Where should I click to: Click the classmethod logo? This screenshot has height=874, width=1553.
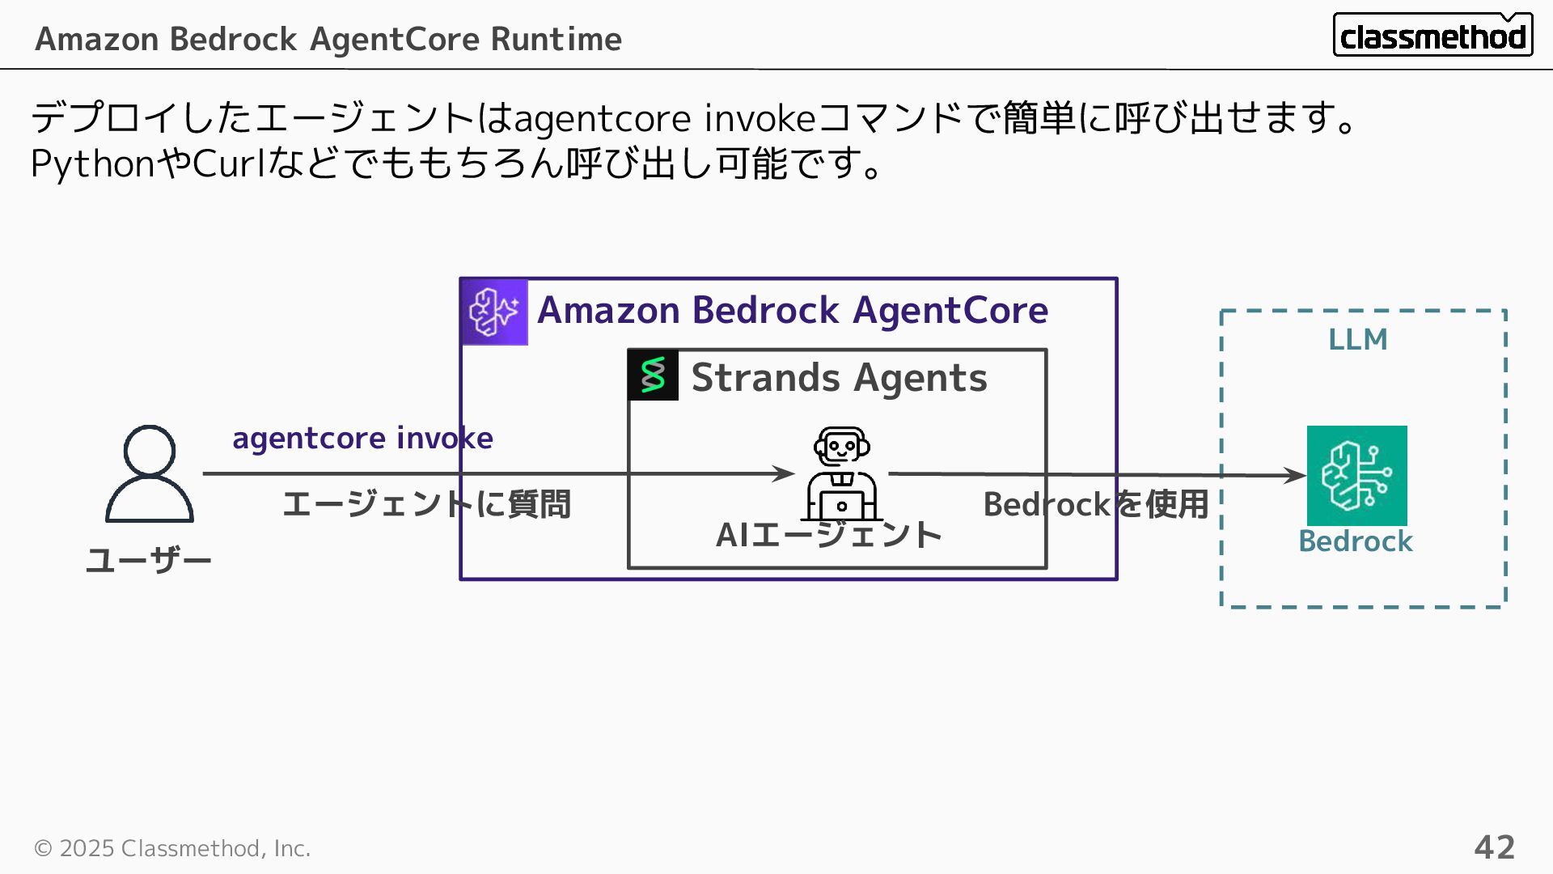coord(1432,35)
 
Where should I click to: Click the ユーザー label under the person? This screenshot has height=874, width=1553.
coord(149,560)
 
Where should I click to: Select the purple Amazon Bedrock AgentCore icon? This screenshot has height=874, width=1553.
coord(494,312)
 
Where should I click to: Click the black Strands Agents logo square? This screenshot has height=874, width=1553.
coord(653,375)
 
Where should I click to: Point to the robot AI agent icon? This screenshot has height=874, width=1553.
coord(841,474)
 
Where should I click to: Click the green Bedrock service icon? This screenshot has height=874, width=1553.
coord(1356,476)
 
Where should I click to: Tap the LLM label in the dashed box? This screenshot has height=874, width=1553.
coord(1357,339)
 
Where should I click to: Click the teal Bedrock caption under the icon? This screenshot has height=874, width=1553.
coord(1355,541)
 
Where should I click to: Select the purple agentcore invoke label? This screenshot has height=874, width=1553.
coord(362,438)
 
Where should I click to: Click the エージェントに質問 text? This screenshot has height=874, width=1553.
coord(426,504)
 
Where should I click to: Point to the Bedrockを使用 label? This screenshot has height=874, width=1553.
coord(1095,504)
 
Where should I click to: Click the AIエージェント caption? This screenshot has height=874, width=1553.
coord(829,535)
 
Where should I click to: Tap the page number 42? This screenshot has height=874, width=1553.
coord(1494,847)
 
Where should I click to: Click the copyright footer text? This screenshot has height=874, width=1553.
coord(172,848)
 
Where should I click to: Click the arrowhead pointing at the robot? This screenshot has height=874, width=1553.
coord(785,473)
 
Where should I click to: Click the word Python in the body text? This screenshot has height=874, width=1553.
coord(92,164)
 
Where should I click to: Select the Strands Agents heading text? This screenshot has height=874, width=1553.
coord(839,378)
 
